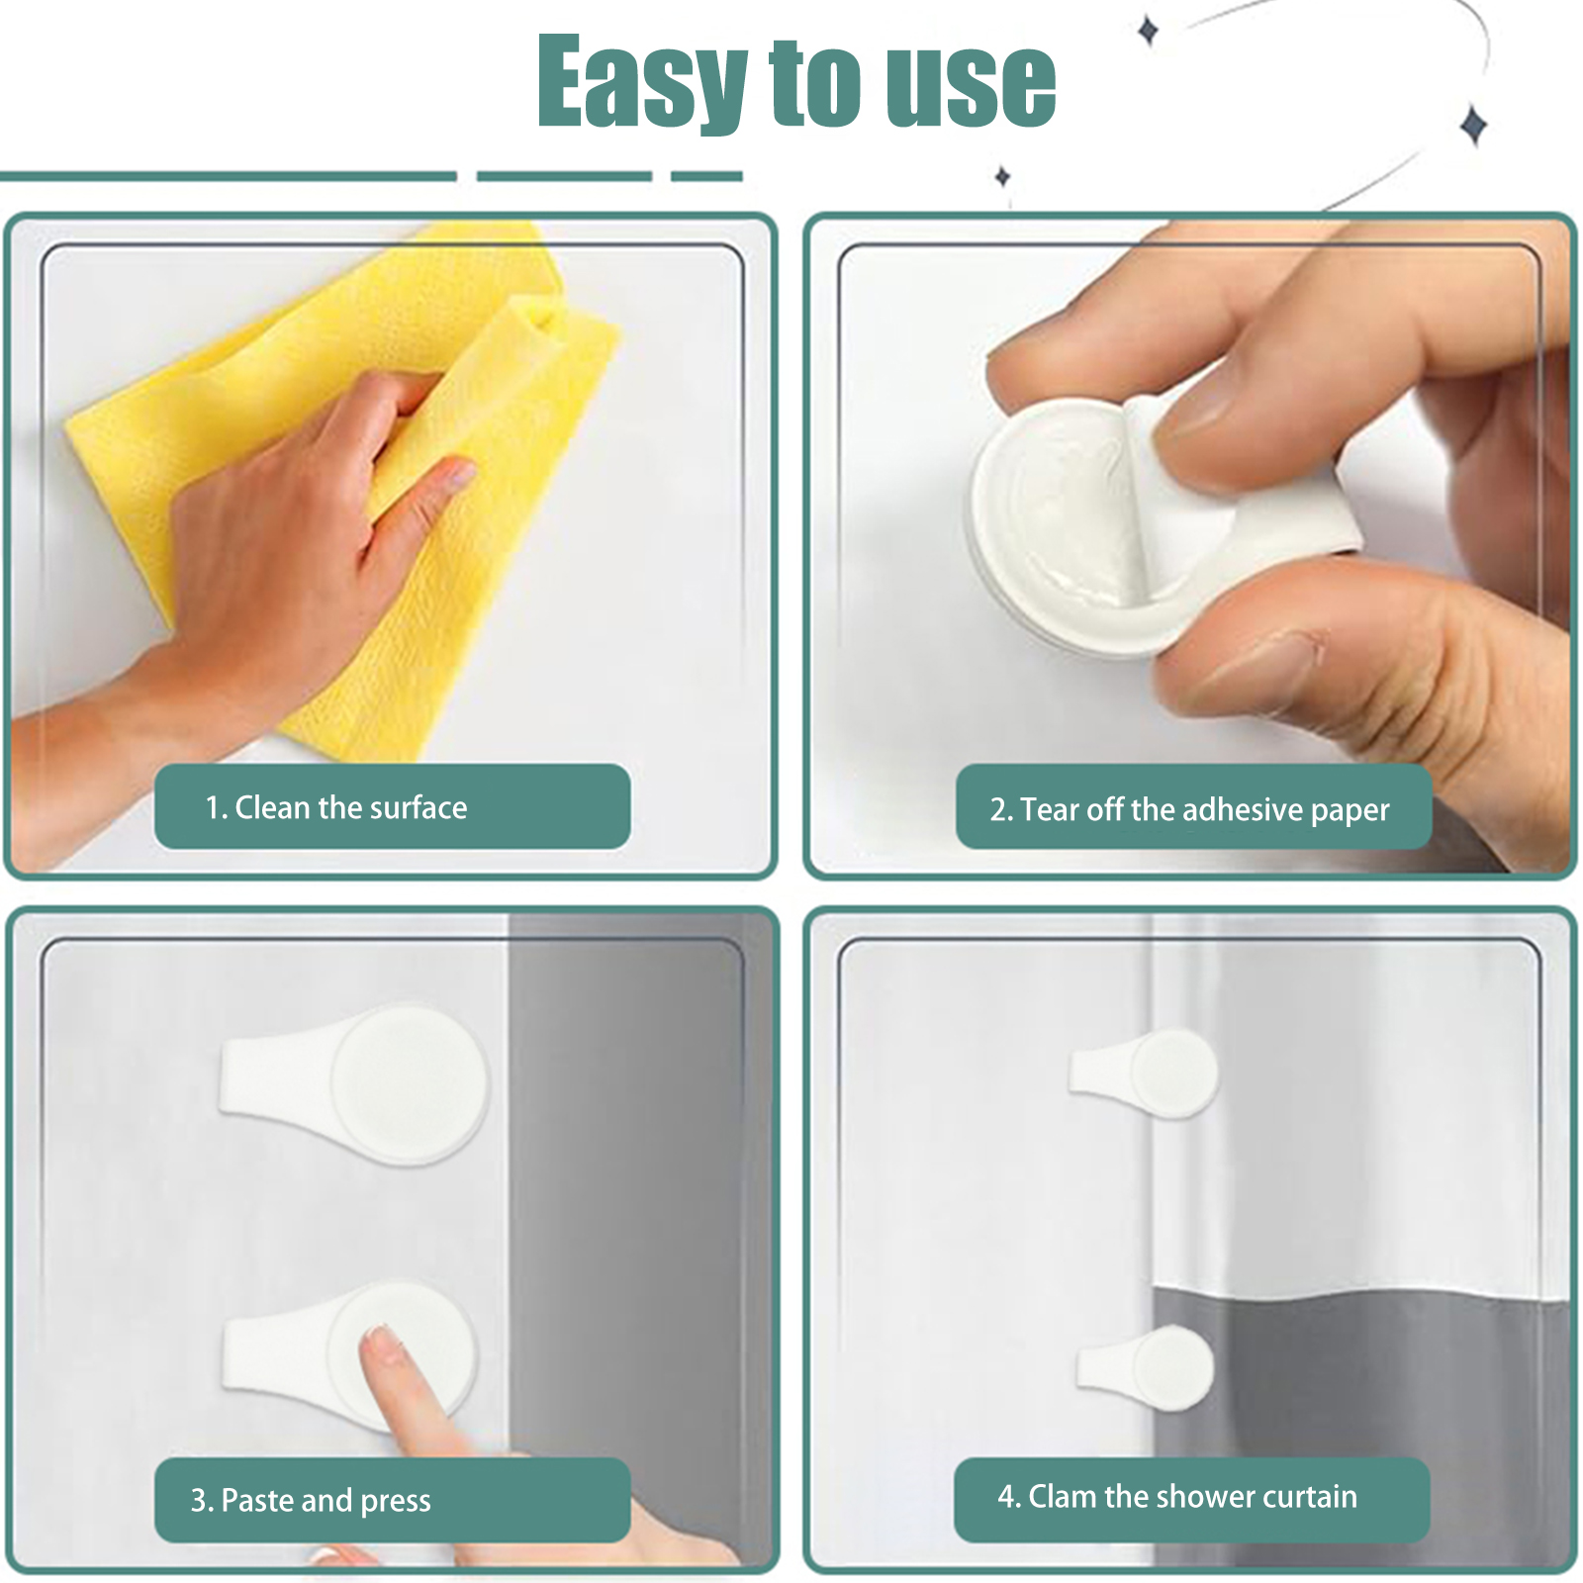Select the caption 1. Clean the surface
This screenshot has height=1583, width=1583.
(x=336, y=807)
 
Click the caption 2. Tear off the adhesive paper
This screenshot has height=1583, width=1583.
(x=1190, y=809)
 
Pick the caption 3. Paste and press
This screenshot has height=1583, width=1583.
(x=311, y=1500)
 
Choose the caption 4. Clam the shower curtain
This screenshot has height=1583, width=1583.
(x=1177, y=1496)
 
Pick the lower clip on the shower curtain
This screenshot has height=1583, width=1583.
(x=1146, y=1367)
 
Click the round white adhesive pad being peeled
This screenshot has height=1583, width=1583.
(x=1069, y=524)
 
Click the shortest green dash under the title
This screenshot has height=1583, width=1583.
(x=706, y=176)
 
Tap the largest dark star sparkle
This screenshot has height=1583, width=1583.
(x=1474, y=126)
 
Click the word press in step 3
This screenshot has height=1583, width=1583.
(x=396, y=1502)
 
